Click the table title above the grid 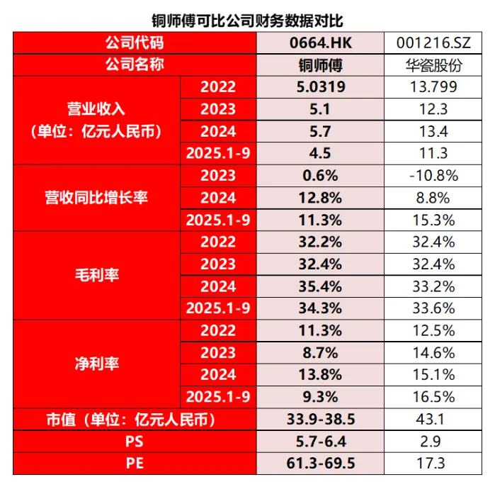tap(247, 19)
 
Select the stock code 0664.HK tap(320, 43)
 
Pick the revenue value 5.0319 tap(320, 87)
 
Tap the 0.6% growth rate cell tap(320, 176)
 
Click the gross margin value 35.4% tap(320, 286)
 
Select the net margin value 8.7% tap(320, 352)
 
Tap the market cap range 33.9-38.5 tap(320, 420)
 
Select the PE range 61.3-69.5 tap(320, 464)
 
